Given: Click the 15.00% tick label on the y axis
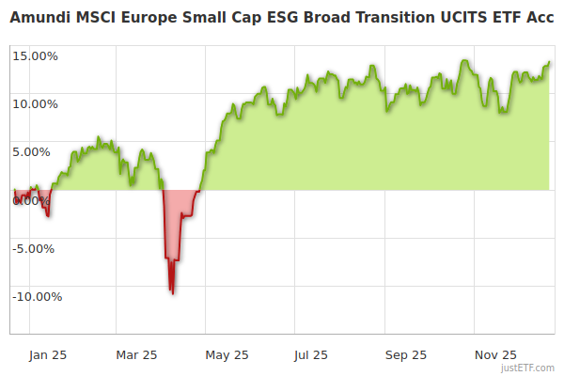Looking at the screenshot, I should coord(35,55).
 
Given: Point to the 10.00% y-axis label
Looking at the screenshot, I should coord(35,103).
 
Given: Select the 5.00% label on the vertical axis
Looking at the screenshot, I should coord(38,151).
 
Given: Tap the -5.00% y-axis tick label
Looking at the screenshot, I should coord(36,248).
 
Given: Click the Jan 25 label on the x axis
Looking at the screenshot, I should coord(47,354).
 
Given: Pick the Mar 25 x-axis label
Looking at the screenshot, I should coord(136,354).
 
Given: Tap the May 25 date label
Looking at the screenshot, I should coord(227,354).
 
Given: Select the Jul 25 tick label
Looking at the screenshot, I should coord(312,354).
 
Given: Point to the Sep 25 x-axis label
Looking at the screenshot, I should coord(406,354).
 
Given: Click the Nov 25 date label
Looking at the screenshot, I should coord(495,354).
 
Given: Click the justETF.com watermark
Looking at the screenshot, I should coord(528,368).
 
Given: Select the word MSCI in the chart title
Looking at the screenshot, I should coord(104,16).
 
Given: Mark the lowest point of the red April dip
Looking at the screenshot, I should coord(172,293).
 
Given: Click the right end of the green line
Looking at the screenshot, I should coord(550,62).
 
